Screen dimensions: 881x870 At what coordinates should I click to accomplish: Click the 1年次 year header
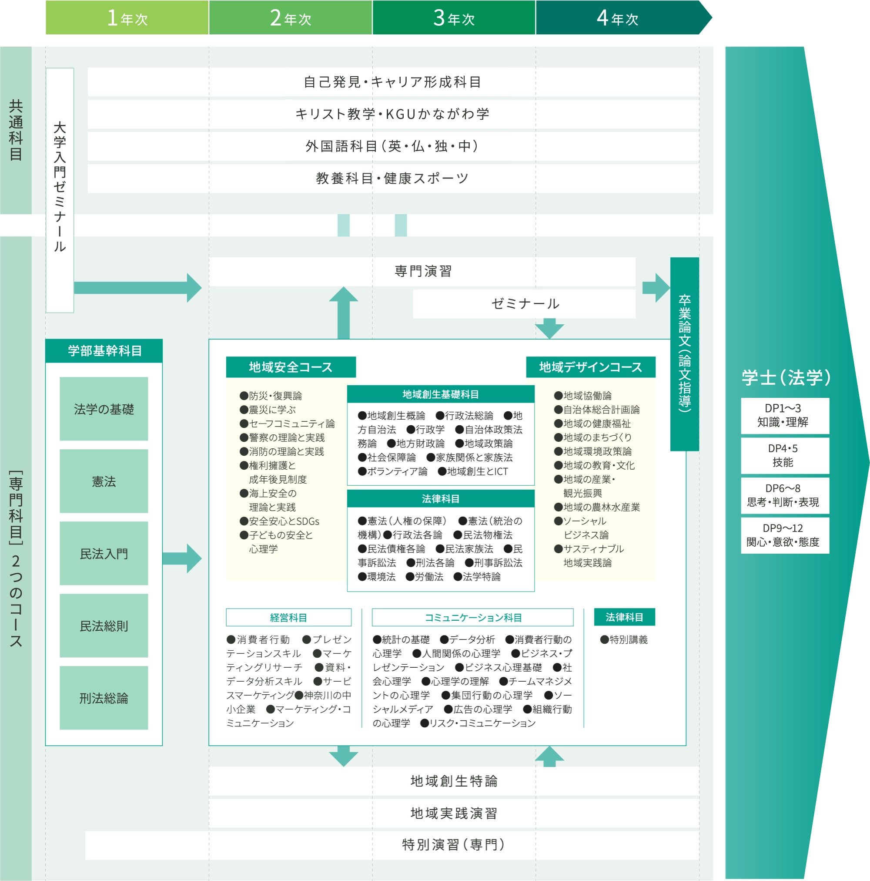coord(127,18)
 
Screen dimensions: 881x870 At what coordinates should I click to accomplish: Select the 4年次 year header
coord(618,18)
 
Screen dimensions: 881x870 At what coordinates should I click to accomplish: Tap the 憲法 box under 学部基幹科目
coord(104,481)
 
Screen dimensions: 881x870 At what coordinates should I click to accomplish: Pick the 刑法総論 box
coord(104,698)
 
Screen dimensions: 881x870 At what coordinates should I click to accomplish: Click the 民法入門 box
coord(104,553)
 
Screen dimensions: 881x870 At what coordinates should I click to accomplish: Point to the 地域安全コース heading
coord(291,367)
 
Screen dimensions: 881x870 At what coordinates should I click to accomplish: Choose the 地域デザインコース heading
coord(591,367)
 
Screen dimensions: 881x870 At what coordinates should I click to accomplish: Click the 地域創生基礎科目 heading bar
coord(440,394)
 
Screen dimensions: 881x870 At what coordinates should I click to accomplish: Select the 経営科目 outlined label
coord(288,617)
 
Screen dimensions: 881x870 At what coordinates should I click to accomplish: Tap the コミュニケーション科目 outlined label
coord(472,617)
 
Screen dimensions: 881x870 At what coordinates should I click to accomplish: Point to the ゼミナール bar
coord(525,304)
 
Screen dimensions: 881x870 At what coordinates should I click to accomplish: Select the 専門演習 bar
coord(422,271)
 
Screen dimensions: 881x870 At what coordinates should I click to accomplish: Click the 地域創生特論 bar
coord(454,781)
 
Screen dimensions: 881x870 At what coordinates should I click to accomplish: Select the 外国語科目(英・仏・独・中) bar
coord(393,146)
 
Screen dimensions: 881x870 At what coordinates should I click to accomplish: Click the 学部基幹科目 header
coord(104,351)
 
